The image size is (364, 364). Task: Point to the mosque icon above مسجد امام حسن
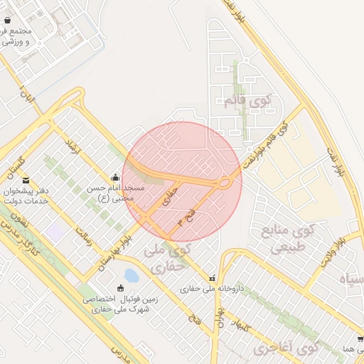pyautogui.click(x=115, y=177)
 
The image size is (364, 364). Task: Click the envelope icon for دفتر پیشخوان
pyautogui.click(x=26, y=181)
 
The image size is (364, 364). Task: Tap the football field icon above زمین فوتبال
pyautogui.click(x=119, y=288)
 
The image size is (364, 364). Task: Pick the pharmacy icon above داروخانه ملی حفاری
pyautogui.click(x=211, y=277)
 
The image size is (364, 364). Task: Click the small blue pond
pyautogui.click(x=131, y=275)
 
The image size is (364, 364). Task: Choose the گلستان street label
pyautogui.click(x=14, y=164)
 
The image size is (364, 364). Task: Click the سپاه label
pyautogui.click(x=353, y=280)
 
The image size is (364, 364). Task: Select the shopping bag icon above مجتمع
pyautogui.click(x=7, y=21)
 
